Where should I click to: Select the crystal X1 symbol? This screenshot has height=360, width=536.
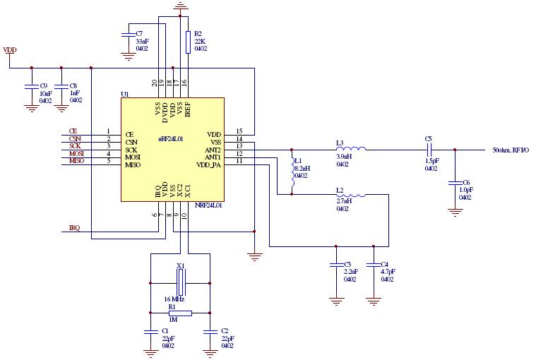click(181, 282)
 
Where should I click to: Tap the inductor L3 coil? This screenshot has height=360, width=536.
click(351, 149)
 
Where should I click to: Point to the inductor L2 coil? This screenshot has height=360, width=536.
click(351, 195)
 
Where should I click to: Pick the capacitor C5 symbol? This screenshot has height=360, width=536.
click(429, 150)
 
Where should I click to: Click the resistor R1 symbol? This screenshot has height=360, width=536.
click(181, 311)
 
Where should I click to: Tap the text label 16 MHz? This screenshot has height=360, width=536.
click(174, 299)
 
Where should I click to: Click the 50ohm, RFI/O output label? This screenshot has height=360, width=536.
click(511, 150)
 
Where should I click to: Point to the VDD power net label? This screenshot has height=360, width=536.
click(11, 50)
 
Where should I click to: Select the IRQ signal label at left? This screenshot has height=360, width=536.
click(74, 228)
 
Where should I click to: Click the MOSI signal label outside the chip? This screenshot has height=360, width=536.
click(76, 153)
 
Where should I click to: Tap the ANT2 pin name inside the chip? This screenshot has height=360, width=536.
click(213, 150)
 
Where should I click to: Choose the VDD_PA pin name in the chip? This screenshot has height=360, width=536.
click(209, 165)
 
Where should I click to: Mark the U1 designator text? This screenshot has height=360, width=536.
click(125, 94)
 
